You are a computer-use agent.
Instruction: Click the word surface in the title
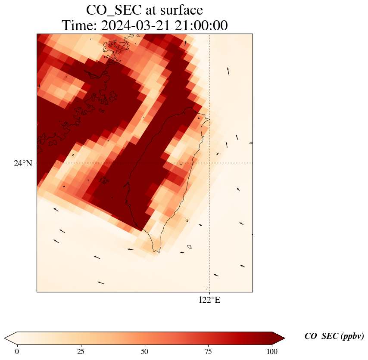pos(179,9)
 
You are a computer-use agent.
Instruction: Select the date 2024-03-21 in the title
pos(136,26)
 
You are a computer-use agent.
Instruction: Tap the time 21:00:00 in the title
pos(202,26)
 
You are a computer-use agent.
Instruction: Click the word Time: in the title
pos(80,26)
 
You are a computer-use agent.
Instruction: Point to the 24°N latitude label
pos(22,163)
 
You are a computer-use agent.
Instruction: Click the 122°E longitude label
pos(209,300)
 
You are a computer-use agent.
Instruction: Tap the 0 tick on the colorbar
pos(17,351)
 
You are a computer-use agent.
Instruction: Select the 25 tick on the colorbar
pos(81,351)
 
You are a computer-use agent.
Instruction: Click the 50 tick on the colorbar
pos(145,351)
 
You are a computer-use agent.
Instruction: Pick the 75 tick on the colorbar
pos(209,351)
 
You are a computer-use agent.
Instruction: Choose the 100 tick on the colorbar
pos(272,351)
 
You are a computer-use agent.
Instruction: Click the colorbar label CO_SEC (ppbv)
pos(334,336)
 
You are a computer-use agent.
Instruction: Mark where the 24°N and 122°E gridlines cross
pos(209,163)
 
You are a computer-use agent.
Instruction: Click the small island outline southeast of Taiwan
pos(189,247)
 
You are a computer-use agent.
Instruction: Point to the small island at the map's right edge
pos(251,143)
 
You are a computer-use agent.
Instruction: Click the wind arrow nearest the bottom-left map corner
pos(100,282)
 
